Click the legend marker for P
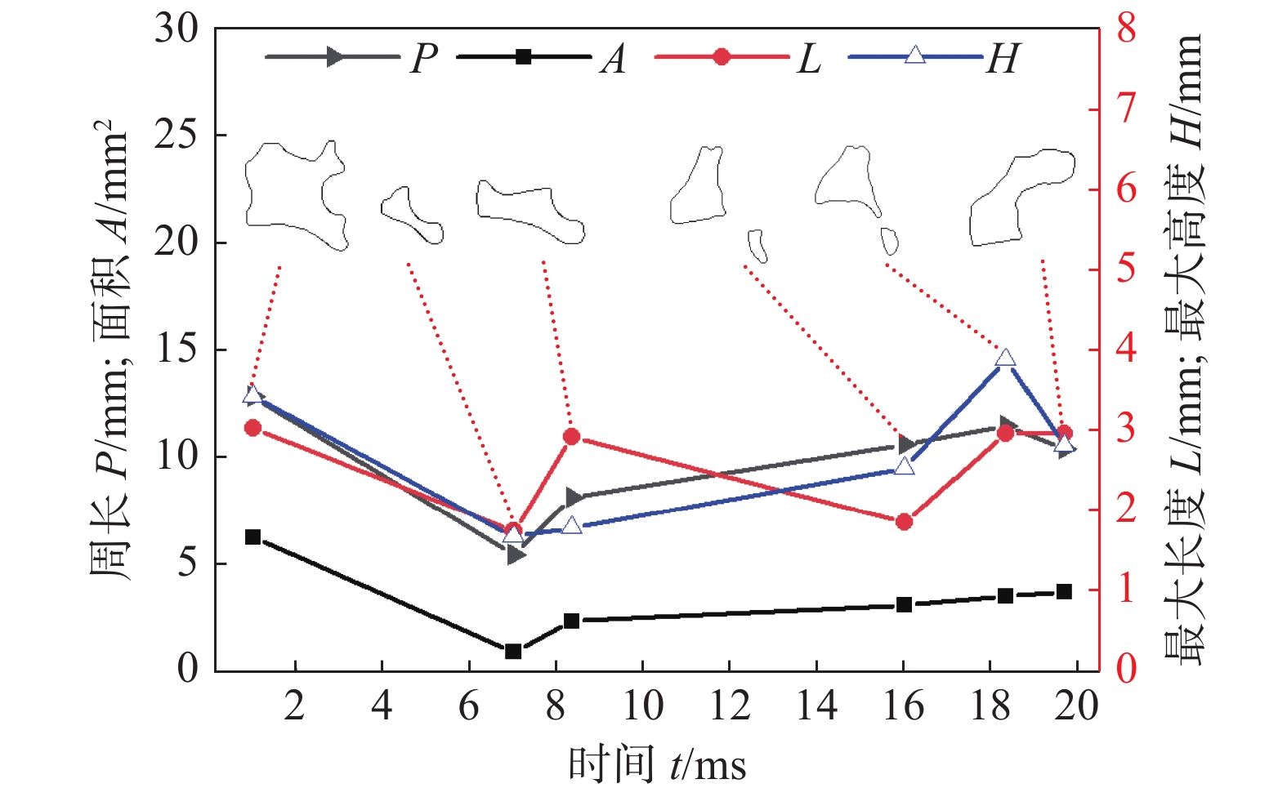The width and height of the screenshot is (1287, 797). point(333,56)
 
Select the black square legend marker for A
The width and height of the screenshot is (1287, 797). point(524,56)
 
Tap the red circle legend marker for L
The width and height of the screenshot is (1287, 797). point(722,56)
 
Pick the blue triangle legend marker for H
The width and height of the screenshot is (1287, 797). point(915,56)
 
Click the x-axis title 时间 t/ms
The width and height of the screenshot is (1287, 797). point(657,766)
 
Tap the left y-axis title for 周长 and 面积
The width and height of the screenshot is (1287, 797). point(109,350)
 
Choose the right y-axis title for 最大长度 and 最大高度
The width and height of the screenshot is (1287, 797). point(1183,350)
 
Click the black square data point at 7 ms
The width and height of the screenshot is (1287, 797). point(513,651)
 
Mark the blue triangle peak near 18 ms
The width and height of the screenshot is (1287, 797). point(1006,358)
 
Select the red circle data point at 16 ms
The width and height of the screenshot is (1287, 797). point(904,522)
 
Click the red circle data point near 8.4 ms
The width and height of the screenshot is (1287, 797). point(572,437)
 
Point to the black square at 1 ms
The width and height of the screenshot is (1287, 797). point(252,537)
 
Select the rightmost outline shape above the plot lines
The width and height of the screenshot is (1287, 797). point(1021,196)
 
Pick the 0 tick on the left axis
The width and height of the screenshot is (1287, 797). point(188,669)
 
